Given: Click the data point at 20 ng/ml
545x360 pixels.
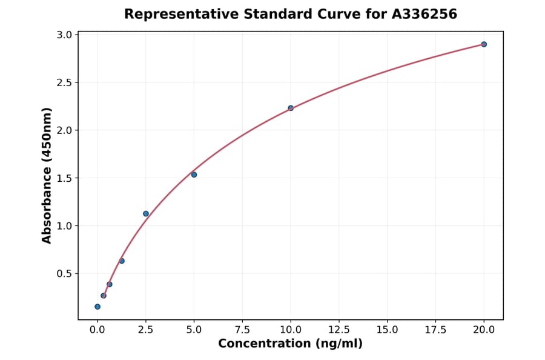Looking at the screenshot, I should [484, 44].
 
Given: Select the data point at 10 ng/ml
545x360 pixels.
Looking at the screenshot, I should [291, 108].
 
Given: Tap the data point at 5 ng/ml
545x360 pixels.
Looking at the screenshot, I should [194, 175].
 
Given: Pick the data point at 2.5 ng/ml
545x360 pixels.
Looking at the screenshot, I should [146, 213].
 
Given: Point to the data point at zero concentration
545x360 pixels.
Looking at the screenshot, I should [97, 307].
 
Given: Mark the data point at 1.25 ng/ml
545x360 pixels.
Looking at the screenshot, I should [122, 261].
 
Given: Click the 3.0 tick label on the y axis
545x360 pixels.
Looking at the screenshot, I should [63, 35].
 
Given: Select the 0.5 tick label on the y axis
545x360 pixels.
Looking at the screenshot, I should [63, 274].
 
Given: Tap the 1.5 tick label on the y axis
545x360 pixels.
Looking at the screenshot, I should [63, 178].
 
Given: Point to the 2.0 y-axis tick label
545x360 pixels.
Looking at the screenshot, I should [63, 130].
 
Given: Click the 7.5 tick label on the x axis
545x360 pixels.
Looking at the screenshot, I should [242, 330].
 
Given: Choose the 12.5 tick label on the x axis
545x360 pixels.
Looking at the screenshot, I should [339, 330].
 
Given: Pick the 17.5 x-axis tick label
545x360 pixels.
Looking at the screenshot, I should [436, 330].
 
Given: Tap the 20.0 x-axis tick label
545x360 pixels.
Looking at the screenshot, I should [484, 330].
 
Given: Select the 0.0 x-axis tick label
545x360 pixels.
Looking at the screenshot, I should [97, 330].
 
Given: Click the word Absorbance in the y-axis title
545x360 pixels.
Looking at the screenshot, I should [47, 196].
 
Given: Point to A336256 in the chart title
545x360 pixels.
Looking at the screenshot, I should [424, 14].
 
